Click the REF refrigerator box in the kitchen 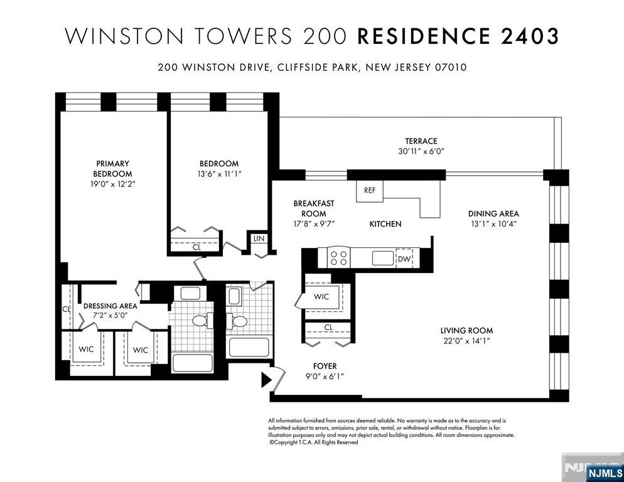[x=369, y=191]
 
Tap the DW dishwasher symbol [x=404, y=259]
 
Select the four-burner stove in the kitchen [x=338, y=257]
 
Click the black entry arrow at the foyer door [x=266, y=380]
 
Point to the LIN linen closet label [x=259, y=238]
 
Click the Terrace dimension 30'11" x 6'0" [x=421, y=151]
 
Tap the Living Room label [x=466, y=330]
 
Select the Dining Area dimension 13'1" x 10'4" [x=493, y=223]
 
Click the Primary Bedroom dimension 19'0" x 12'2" [x=113, y=185]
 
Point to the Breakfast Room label [x=314, y=208]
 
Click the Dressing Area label [x=110, y=306]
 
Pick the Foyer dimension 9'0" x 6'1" [x=325, y=377]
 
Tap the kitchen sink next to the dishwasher [x=383, y=258]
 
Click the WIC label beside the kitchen [x=321, y=296]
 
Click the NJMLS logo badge [x=605, y=473]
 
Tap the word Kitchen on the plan [x=385, y=224]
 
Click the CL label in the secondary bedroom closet [x=196, y=247]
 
